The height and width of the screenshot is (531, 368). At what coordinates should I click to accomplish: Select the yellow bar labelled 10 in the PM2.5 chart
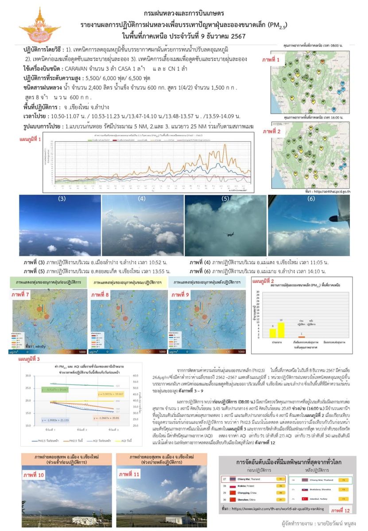[280, 330]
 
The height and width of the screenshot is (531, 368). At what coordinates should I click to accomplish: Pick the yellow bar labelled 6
[273, 333]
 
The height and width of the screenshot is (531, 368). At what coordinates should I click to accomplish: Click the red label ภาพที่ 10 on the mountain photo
[35, 475]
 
